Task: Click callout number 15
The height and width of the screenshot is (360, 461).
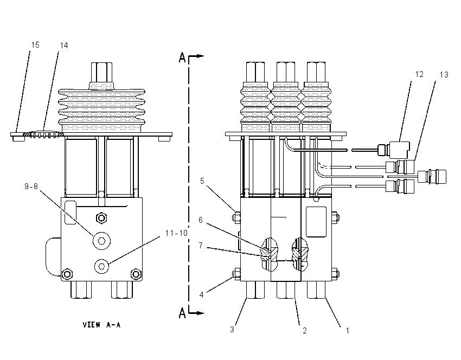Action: pos(35,45)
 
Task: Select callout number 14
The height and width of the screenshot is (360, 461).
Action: pos(64,45)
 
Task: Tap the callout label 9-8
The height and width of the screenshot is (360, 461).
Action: pos(31,187)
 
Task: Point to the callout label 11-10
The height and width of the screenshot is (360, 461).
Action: pos(176,233)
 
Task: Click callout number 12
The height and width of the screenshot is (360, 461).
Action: pos(419,74)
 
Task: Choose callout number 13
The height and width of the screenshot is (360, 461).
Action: pos(444,75)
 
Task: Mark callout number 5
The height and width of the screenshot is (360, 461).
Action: pos(202,181)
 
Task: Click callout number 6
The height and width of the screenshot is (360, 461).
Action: pos(201,220)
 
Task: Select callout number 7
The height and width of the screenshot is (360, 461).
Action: pos(201,245)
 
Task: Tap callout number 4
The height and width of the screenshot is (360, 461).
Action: pos(201,294)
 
